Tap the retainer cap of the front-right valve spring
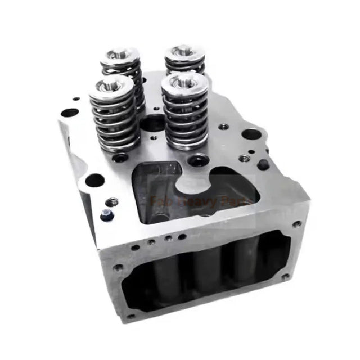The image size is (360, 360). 186,82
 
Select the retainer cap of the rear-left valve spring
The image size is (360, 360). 120,55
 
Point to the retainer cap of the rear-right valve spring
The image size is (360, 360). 184,52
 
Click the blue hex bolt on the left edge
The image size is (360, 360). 106,215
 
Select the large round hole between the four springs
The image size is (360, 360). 152,122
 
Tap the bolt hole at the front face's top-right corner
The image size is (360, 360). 296,224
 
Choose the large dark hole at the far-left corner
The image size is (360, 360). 69,113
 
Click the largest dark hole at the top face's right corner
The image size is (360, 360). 251,134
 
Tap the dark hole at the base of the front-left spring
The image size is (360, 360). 120,158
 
